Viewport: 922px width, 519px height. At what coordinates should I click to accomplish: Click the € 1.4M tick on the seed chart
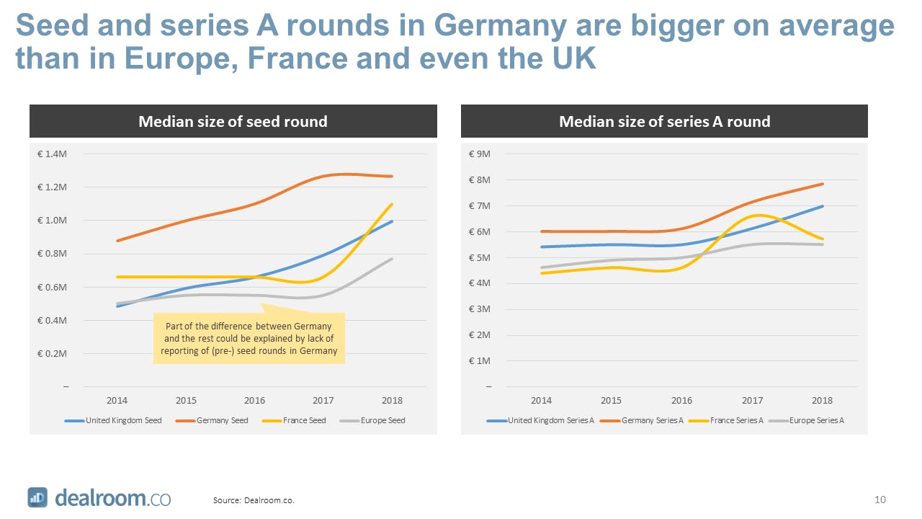[53, 154]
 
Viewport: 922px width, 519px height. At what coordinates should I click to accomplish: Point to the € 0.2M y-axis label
[53, 353]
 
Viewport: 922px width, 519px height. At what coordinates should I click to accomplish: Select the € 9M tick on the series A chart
[480, 154]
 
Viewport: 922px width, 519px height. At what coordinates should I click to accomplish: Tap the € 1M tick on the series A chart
[480, 360]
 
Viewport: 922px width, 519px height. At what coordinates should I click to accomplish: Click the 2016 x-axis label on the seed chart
[254, 400]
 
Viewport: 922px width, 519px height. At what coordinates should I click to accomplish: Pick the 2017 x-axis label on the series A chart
[752, 400]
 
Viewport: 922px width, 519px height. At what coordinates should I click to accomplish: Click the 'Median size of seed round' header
[233, 122]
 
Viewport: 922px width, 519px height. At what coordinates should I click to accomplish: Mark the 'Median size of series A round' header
[664, 122]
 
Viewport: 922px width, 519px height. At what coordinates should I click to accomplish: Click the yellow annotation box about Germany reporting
[249, 338]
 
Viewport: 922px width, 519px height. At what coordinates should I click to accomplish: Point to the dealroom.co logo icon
[37, 497]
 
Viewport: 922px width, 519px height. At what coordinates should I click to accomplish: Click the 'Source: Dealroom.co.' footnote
[254, 500]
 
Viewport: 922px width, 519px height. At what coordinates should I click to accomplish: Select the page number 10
[880, 500]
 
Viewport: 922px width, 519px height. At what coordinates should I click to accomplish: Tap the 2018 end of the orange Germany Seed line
[392, 176]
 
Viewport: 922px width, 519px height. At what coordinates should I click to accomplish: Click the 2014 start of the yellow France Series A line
[542, 273]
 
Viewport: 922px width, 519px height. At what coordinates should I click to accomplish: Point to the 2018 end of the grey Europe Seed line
[392, 259]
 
